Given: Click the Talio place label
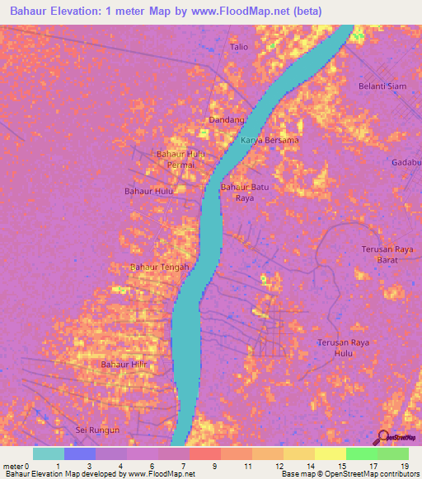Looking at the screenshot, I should pyautogui.click(x=239, y=47).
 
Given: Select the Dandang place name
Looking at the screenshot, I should pyautogui.click(x=227, y=120).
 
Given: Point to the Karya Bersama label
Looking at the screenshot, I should pyautogui.click(x=270, y=140).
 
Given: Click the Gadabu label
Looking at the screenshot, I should pyautogui.click(x=406, y=162).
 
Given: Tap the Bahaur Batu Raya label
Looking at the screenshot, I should pyautogui.click(x=245, y=193).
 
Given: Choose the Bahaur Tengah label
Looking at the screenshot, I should pyautogui.click(x=160, y=267).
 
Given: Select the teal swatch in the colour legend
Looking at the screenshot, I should pyautogui.click(x=49, y=453).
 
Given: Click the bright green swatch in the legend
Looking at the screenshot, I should pyautogui.click(x=362, y=453).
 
